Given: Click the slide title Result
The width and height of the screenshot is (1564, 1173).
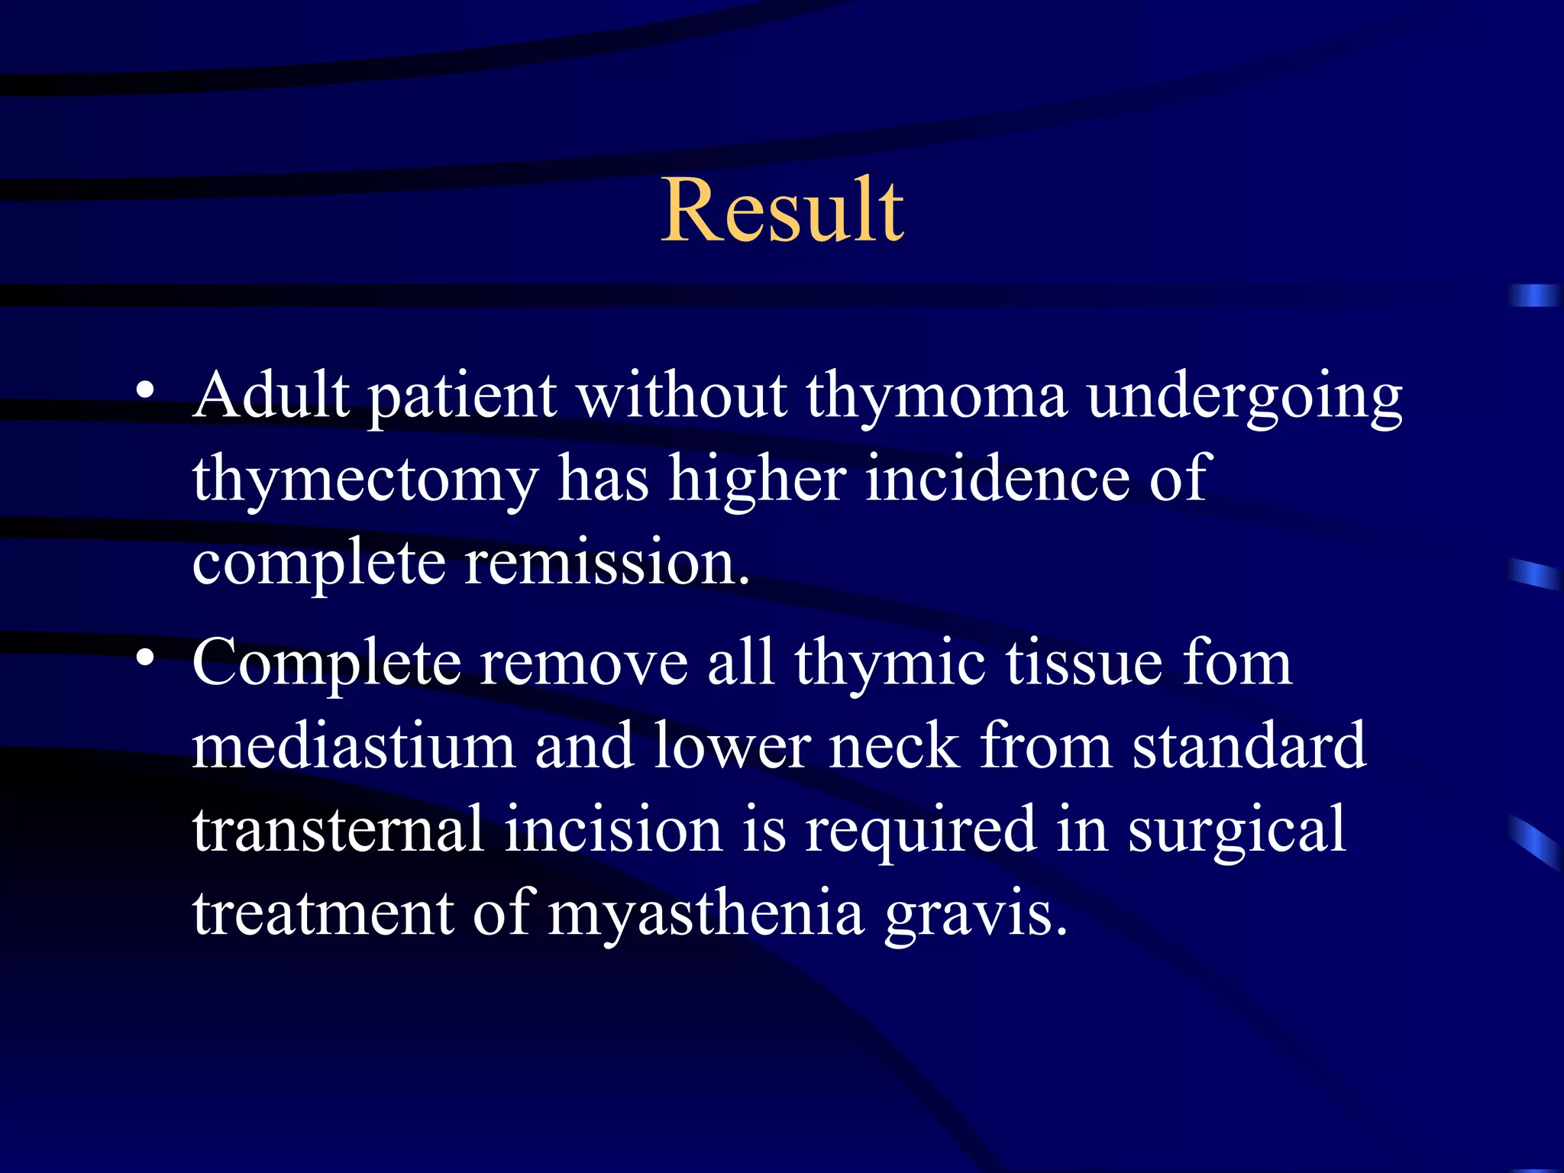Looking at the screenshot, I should click(782, 210).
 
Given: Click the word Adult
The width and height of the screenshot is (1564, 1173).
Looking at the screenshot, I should click(270, 396).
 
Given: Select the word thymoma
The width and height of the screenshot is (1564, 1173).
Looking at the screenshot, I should click(936, 396).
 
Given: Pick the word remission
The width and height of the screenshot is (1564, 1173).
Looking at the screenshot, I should click(607, 562).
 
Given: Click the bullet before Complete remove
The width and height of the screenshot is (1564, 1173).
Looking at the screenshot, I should click(146, 658).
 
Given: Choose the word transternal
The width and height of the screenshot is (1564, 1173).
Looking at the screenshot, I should click(338, 829).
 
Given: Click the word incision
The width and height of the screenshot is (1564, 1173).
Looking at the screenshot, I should click(612, 829).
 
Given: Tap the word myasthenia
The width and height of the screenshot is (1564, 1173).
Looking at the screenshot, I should click(706, 915).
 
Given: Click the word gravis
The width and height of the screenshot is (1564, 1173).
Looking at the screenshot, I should click(975, 915).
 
